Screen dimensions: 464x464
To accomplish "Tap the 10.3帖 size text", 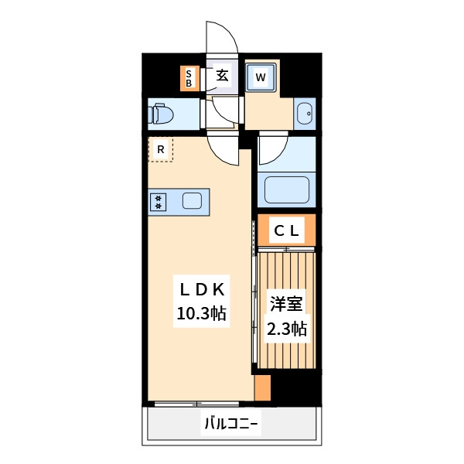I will tap(201, 313).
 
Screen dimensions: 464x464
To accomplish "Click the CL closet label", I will tap(286, 230).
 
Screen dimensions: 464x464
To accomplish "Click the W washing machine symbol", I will tap(261, 77).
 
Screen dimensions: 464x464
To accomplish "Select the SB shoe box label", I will tap(189, 77).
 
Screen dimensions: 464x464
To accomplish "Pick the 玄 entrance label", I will tap(222, 76).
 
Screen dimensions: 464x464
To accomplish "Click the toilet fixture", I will tap(161, 114).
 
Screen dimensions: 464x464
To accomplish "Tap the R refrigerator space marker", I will tap(161, 148).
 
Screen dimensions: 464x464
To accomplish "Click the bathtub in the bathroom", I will tap(286, 189).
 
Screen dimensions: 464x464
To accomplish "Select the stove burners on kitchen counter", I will tap(159, 202).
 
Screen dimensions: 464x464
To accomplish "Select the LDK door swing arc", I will tap(225, 148).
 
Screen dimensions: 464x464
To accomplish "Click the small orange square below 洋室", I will tap(263, 388).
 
